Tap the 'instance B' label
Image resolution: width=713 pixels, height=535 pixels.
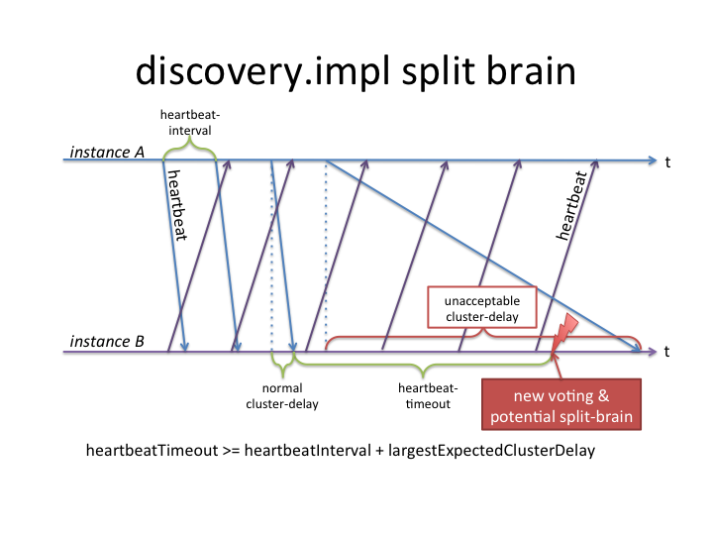[107, 342]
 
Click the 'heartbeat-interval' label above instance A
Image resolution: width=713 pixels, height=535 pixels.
[190, 122]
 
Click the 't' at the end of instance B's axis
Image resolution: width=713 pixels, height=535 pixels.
[668, 351]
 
